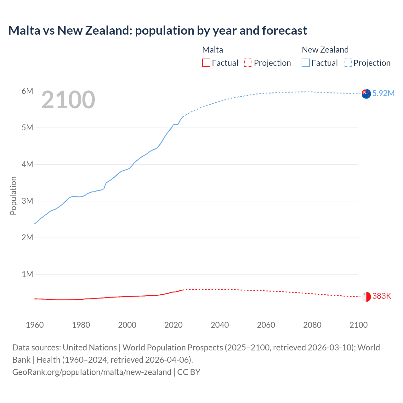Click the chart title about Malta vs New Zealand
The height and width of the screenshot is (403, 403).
pos(157,31)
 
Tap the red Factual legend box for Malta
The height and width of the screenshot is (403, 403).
pos(206,63)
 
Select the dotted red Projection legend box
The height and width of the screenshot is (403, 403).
pos(248,63)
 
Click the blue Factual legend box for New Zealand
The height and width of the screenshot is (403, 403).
pos(306,63)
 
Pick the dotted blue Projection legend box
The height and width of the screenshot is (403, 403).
pos(348,63)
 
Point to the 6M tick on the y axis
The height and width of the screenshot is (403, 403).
pos(27,91)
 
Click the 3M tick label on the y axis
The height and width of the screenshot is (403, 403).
pos(27,201)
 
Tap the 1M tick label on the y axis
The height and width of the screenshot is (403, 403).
pos(27,274)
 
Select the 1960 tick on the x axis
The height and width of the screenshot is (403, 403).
pos(35,325)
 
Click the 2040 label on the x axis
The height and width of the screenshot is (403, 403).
pos(220,325)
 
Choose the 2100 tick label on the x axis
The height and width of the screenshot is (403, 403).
pos(358,325)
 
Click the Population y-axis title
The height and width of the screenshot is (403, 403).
pos(13,196)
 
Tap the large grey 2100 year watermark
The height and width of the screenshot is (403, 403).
pos(68,100)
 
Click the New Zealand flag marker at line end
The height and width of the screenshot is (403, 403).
pos(366,94)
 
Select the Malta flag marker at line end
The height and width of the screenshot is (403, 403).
pos(366,297)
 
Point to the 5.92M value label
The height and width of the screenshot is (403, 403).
pos(383,93)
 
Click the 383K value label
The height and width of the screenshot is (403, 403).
pos(382,296)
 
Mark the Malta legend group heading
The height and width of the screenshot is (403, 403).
pos(213,50)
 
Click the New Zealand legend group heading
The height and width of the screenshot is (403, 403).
pos(325,50)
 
